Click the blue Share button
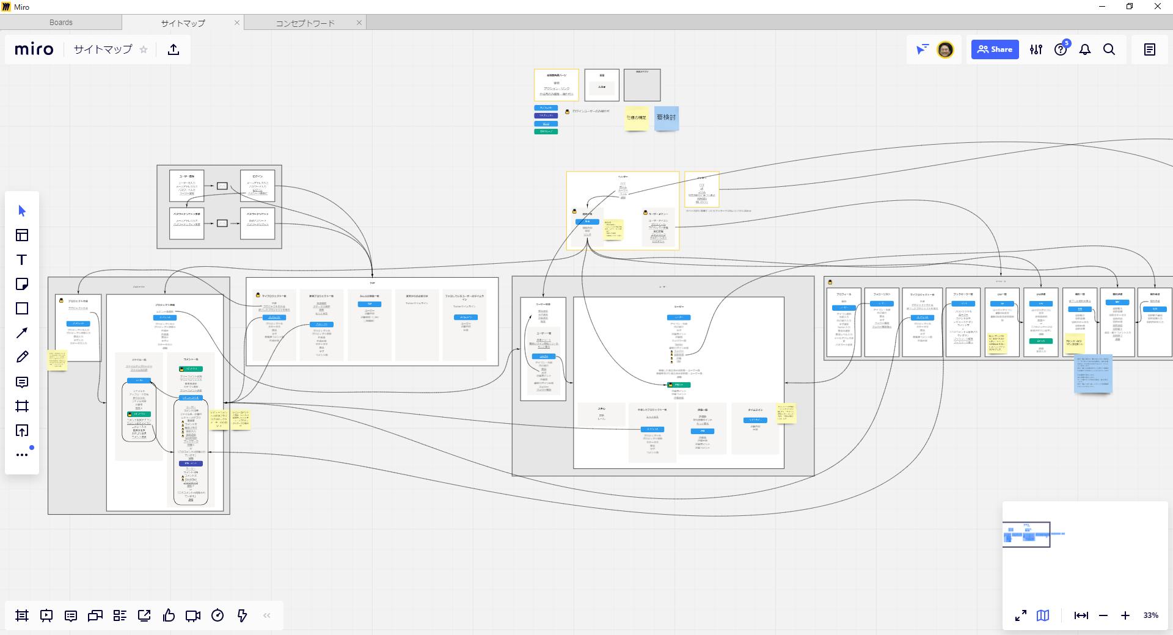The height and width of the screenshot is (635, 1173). [x=995, y=49]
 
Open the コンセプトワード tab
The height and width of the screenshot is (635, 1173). [x=305, y=23]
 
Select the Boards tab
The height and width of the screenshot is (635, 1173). [x=61, y=23]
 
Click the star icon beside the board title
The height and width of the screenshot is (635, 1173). [x=144, y=49]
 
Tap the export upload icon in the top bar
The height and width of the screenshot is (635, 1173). [x=174, y=49]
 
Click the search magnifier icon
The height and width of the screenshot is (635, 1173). [x=1109, y=49]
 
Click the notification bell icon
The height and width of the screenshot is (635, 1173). [x=1085, y=49]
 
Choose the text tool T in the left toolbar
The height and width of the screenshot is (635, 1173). [x=22, y=259]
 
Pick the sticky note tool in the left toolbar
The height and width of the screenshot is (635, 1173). [x=22, y=284]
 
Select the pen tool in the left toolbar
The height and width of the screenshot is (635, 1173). [x=22, y=357]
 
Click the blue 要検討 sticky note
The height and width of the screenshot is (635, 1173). [x=666, y=117]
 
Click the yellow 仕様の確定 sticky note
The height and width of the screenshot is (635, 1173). [x=636, y=117]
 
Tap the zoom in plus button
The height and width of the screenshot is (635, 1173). [x=1125, y=615]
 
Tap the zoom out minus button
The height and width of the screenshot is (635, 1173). [x=1103, y=615]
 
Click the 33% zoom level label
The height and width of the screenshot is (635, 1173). [x=1150, y=615]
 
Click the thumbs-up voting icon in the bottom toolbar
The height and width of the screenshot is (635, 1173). [x=169, y=615]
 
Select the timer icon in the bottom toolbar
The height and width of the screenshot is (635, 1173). [x=217, y=615]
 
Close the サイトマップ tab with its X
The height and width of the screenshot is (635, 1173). [x=237, y=23]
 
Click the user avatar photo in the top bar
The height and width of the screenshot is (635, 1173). [x=945, y=49]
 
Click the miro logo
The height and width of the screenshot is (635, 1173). [x=34, y=49]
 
